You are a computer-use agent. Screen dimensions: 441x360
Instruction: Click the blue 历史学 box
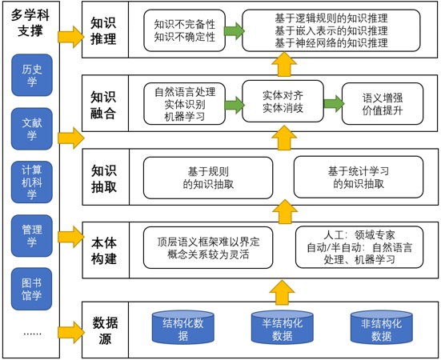[32, 75]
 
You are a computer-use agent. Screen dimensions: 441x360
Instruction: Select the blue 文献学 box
[32, 129]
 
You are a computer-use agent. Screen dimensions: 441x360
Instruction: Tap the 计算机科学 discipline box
[32, 182]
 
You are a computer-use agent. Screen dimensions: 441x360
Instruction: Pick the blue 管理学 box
[32, 236]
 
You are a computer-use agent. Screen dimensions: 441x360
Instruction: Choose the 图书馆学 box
[32, 289]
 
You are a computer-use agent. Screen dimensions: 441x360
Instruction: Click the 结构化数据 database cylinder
[183, 327]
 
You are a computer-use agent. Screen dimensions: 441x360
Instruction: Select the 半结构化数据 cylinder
[283, 327]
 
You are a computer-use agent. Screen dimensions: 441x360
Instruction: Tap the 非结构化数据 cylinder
[382, 327]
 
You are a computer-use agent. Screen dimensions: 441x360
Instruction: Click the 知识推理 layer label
[103, 31]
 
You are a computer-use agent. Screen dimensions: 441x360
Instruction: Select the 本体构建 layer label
[104, 250]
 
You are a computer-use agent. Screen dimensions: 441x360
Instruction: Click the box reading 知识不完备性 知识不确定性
[185, 30]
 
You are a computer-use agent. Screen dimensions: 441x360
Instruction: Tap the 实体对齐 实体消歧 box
[283, 101]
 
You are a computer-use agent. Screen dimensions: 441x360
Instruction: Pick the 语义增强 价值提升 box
[383, 104]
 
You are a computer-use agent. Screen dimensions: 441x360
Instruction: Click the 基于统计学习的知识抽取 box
[359, 178]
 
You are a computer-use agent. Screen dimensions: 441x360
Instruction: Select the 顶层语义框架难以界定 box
[208, 248]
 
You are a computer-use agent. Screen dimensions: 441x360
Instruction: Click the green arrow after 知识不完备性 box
[234, 30]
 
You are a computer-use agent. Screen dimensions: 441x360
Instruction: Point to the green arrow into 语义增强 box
[334, 103]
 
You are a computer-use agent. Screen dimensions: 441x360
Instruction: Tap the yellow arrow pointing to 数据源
[71, 333]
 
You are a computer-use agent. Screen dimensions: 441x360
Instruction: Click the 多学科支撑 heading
[30, 23]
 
